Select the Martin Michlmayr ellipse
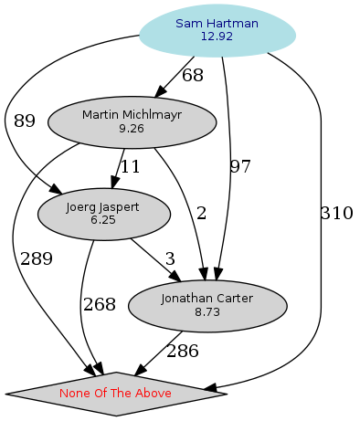(132, 121)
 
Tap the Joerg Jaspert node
(102, 214)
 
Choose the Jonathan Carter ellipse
(206, 305)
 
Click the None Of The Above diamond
(116, 394)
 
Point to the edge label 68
(193, 76)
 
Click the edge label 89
(25, 121)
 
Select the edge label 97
(240, 167)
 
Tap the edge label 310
(336, 214)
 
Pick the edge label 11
(131, 167)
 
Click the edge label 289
(37, 259)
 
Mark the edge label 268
(100, 305)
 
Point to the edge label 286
(182, 351)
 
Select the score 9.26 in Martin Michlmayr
(132, 129)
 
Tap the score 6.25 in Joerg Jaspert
(102, 221)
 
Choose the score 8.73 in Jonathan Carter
(206, 312)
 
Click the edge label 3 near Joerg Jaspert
(169, 259)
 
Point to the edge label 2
(201, 214)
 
